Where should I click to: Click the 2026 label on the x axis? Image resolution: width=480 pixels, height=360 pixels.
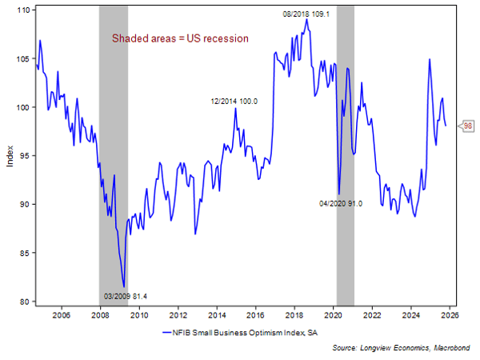[x=450, y=315]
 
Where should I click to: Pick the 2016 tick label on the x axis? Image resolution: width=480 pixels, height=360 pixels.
[x=255, y=315]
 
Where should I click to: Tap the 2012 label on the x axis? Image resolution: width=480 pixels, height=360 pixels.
[x=178, y=315]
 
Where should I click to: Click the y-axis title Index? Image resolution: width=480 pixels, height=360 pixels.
[x=10, y=156]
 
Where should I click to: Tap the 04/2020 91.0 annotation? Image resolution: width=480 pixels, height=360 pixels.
[x=341, y=204]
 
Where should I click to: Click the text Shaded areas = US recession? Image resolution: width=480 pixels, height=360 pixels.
[x=180, y=38]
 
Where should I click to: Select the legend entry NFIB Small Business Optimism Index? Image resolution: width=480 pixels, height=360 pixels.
[x=240, y=331]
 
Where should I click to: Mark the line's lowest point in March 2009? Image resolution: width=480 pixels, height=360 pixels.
[x=124, y=286]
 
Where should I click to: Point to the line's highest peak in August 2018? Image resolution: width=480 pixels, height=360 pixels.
[x=306, y=20]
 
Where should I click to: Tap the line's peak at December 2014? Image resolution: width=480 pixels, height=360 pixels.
[x=235, y=108]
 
